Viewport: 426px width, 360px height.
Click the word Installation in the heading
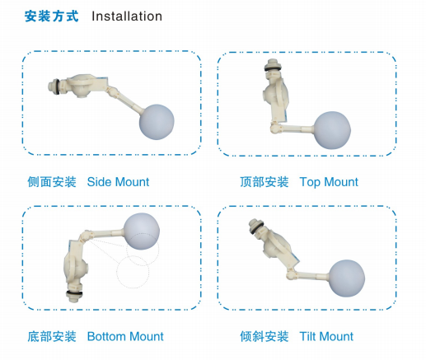pos(127,16)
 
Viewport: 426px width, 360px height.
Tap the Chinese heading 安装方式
pos(52,16)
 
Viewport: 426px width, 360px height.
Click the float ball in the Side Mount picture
pos(157,122)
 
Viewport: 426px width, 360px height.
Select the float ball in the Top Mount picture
pos(332,130)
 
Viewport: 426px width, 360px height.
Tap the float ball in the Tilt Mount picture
pos(347,278)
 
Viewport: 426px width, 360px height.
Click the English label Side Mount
pos(118,182)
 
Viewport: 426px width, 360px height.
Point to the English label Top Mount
pos(329,182)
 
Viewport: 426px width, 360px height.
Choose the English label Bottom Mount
pos(125,336)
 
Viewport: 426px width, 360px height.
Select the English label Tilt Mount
pos(326,336)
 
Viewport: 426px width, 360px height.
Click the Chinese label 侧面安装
pos(52,182)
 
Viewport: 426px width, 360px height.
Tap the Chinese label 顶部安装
pos(264,182)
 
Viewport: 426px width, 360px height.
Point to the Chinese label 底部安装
pos(52,336)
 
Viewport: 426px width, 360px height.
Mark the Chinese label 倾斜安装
pos(264,336)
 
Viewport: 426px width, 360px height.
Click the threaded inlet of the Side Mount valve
pos(54,86)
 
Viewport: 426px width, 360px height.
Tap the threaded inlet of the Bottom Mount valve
pos(74,296)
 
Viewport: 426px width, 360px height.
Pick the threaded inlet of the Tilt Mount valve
pos(255,226)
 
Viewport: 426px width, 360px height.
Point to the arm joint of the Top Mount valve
pos(275,128)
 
